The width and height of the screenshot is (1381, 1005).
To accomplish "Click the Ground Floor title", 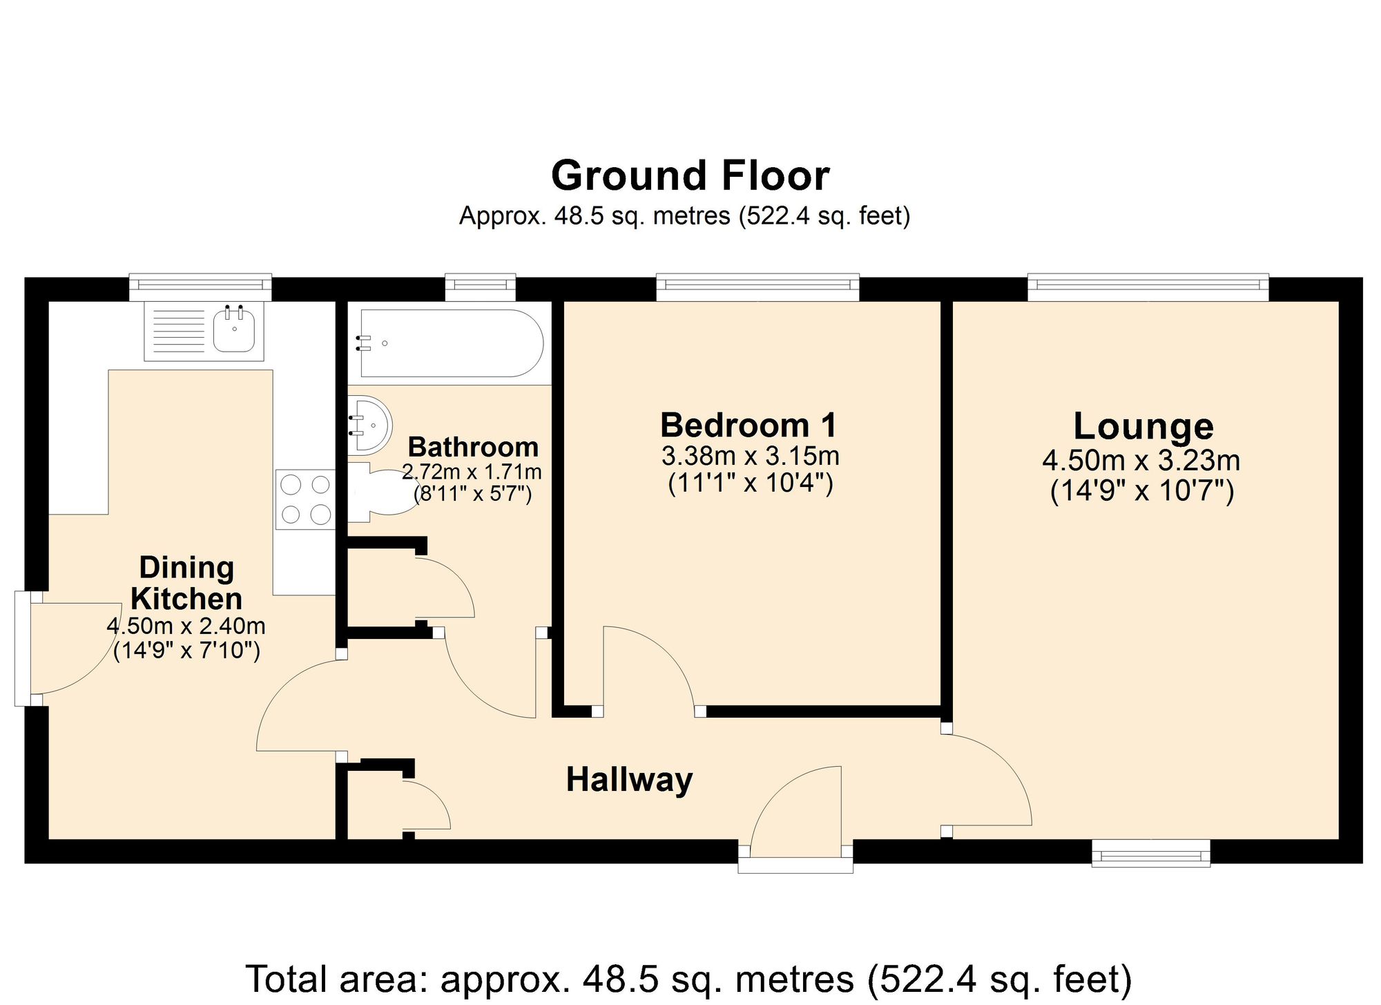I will click(690, 176).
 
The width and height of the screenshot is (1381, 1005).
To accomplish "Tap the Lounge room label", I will click(1143, 426).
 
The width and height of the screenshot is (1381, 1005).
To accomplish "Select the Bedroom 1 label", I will click(749, 425).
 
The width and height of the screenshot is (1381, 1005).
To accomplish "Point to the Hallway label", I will click(629, 780).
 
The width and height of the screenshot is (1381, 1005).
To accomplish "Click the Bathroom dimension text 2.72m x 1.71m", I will click(472, 472).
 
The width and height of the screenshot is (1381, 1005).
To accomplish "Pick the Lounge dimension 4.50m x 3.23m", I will click(1141, 460).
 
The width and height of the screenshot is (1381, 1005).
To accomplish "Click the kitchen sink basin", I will click(234, 330).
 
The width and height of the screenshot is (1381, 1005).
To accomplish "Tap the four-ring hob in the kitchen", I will click(305, 499).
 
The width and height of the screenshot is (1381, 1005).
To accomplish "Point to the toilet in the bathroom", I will click(383, 492).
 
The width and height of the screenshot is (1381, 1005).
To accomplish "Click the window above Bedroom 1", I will click(757, 286).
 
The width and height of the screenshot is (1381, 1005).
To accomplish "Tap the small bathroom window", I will click(480, 286).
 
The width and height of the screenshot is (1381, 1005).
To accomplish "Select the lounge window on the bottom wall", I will click(1151, 853).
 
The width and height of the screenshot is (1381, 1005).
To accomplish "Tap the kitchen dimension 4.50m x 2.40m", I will click(186, 626).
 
